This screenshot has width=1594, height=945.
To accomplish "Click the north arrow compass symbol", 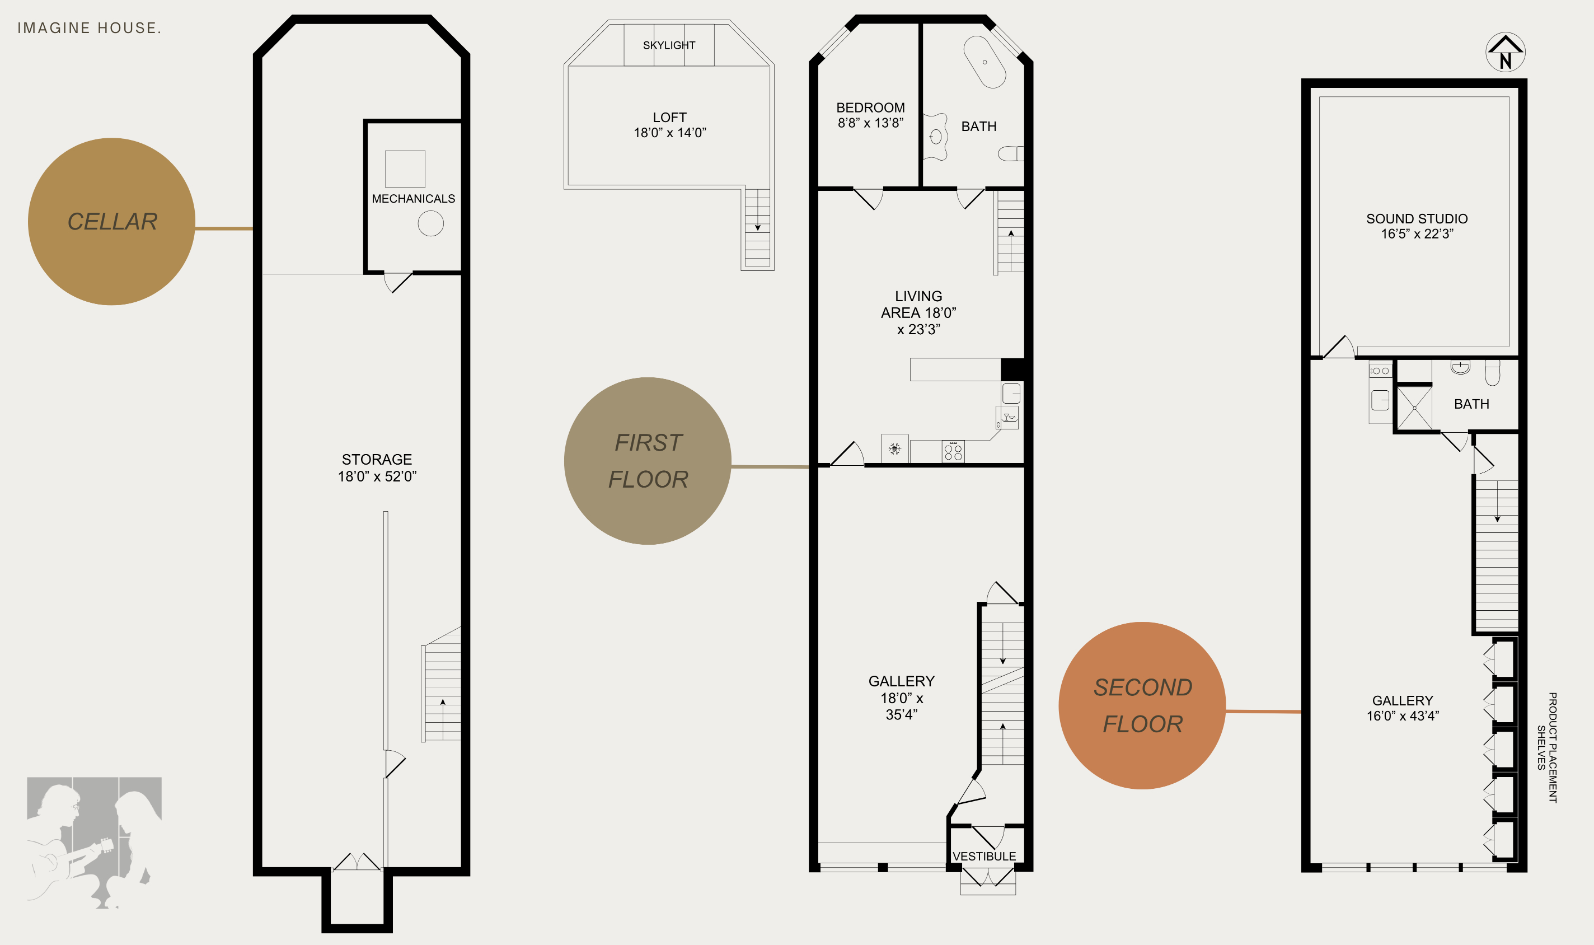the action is coord(1505,52).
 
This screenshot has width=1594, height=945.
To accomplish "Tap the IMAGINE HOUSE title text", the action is coord(89,28).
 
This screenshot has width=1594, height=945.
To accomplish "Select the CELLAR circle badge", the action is coord(111,222).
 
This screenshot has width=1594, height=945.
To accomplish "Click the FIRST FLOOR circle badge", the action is coord(648,461).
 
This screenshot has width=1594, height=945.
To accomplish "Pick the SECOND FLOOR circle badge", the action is coord(1142,705).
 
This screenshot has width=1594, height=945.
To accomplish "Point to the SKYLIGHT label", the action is coord(669,45).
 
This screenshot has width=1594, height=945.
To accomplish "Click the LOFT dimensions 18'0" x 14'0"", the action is coord(670,133).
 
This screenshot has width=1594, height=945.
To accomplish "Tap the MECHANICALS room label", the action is coord(413,199).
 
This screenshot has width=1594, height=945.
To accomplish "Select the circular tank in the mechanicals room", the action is coord(431,223).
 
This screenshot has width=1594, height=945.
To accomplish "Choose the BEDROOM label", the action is coord(870,107).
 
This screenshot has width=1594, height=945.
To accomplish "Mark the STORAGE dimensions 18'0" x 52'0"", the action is coord(377,476).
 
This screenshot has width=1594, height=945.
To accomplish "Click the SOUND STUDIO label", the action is coord(1417,218).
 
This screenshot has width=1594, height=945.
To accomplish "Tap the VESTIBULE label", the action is coord(984,857).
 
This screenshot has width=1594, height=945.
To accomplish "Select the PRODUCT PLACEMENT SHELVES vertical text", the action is coord(1547,747).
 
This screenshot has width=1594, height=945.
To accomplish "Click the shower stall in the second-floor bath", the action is coord(1414,408).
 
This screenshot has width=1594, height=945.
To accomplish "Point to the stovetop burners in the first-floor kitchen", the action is coord(953,451).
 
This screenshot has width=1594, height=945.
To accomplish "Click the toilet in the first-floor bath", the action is coord(1011,153).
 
